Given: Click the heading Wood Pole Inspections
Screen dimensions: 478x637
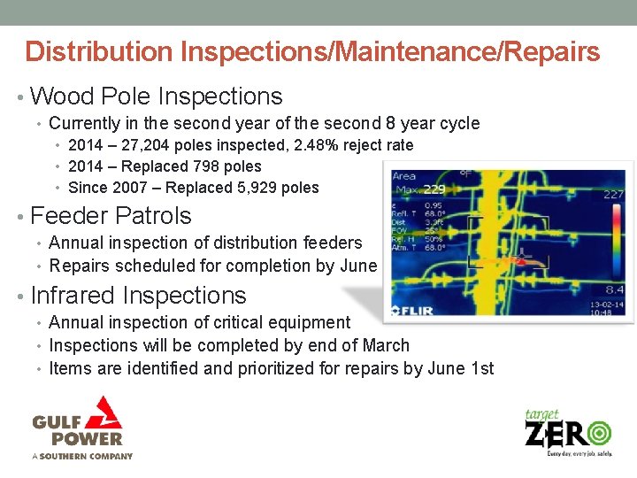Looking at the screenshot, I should click(x=156, y=96).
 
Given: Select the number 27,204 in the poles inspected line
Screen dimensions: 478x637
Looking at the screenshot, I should click(x=143, y=145).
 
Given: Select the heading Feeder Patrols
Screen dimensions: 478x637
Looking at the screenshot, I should click(x=111, y=215).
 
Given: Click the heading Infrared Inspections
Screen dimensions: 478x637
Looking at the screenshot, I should click(x=138, y=295).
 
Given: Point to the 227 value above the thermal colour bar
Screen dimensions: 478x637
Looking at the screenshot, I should click(x=614, y=194).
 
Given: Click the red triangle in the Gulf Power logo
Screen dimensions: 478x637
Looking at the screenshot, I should click(x=107, y=412).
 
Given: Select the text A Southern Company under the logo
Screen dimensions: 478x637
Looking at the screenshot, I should click(x=82, y=456).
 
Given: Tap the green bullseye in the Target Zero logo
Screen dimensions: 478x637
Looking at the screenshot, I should click(x=597, y=432).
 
